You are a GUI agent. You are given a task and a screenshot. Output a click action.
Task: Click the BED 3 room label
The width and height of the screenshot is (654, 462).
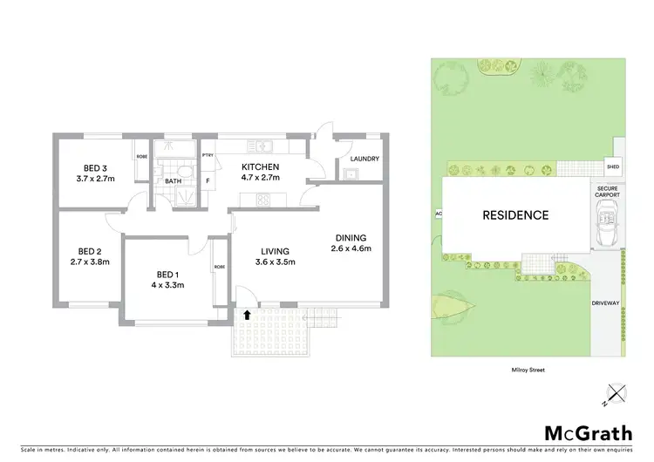pos(96,168)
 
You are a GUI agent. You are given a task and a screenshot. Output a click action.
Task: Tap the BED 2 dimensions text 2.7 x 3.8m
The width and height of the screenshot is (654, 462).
pos(87,260)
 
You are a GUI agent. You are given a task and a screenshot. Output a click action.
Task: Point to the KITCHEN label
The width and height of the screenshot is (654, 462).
pos(260,166)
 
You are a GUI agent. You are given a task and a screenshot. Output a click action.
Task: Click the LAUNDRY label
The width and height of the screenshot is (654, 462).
pos(364,159)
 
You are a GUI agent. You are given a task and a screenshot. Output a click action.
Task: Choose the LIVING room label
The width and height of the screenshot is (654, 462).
pos(274,251)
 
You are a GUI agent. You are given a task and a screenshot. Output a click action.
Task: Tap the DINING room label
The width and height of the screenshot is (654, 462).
pos(351,237)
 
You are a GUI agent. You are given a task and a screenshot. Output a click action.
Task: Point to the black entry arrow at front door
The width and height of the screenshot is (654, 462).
pos(247,315)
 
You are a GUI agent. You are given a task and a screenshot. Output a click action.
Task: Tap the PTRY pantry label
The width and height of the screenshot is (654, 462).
pos(208,155)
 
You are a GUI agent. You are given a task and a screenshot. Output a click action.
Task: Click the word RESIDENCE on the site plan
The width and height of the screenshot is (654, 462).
pos(516,215)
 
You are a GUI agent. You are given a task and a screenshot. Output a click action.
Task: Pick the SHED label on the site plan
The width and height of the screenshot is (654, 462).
pos(613,168)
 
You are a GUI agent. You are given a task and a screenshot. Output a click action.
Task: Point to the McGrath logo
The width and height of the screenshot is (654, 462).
pos(589,433)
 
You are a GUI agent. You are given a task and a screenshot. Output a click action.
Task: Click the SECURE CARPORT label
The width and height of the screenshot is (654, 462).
pos(608,191)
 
